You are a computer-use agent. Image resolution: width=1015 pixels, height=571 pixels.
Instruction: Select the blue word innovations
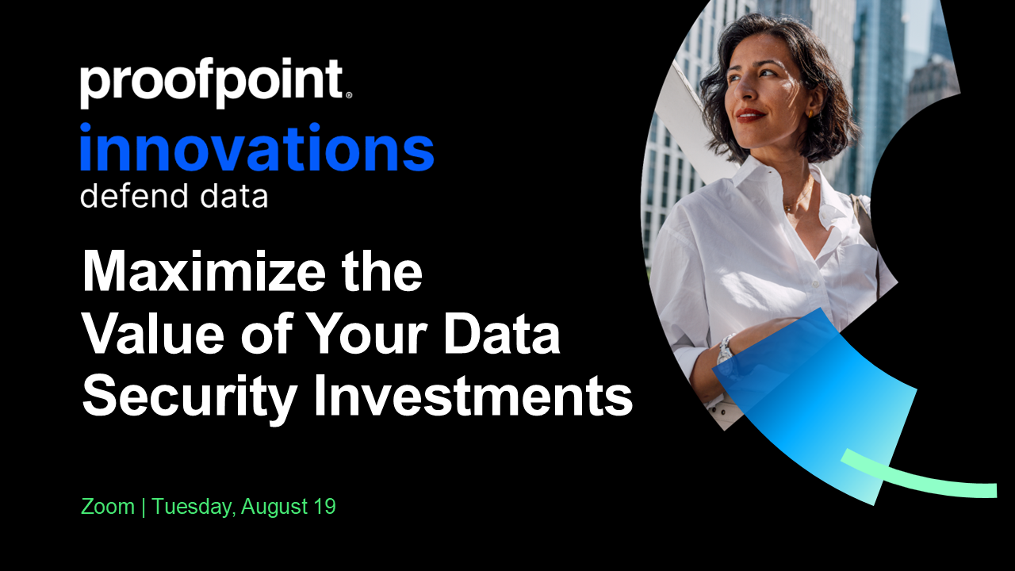click(257, 148)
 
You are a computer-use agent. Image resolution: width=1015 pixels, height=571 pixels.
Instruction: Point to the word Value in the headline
click(154, 334)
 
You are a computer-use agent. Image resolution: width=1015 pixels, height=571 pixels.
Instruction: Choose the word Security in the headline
click(190, 397)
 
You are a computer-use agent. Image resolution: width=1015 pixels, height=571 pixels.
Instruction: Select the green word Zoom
click(108, 506)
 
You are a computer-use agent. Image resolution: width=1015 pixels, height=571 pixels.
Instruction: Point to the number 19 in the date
click(324, 506)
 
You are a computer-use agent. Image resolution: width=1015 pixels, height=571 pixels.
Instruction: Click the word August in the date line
click(274, 507)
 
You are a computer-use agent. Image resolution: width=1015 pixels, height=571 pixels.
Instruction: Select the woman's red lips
click(749, 115)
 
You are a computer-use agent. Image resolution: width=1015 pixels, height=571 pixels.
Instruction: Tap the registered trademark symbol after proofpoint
click(348, 95)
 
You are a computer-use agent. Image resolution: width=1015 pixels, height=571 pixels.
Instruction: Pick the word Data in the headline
click(502, 334)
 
